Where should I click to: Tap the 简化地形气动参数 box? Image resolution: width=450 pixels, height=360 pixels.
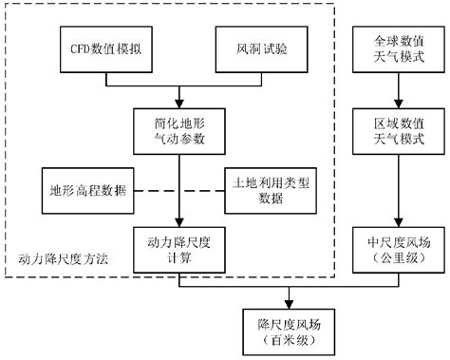pyautogui.click(x=178, y=133)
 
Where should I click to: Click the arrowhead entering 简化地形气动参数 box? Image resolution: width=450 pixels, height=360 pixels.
pyautogui.click(x=178, y=104)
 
